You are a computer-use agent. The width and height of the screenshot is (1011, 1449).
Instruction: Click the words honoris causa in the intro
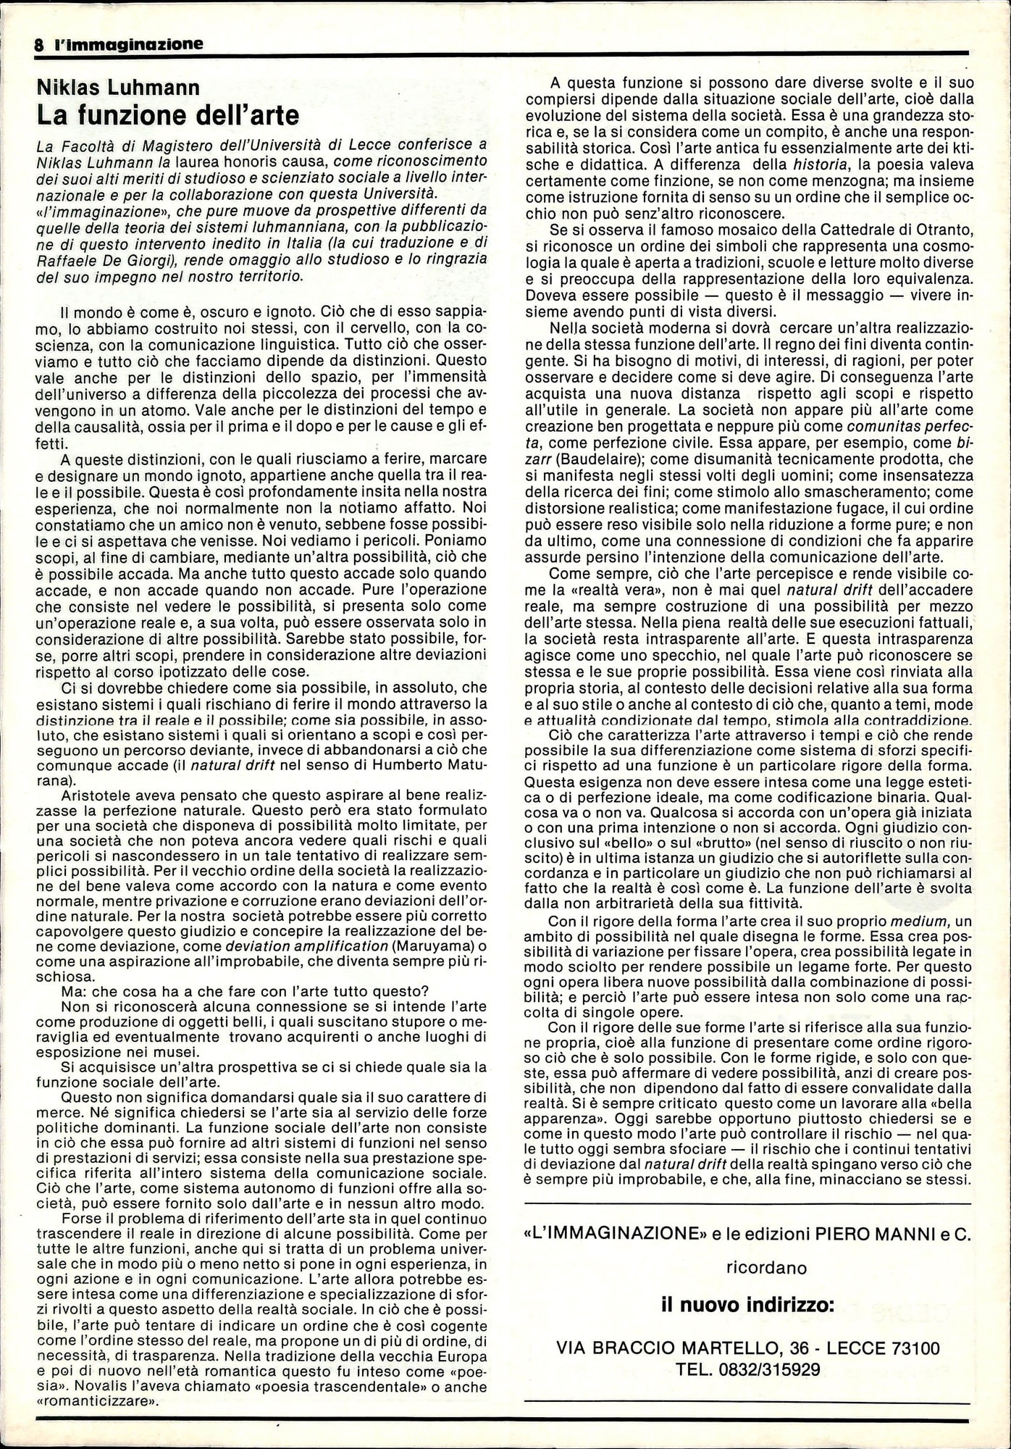coord(268,159)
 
